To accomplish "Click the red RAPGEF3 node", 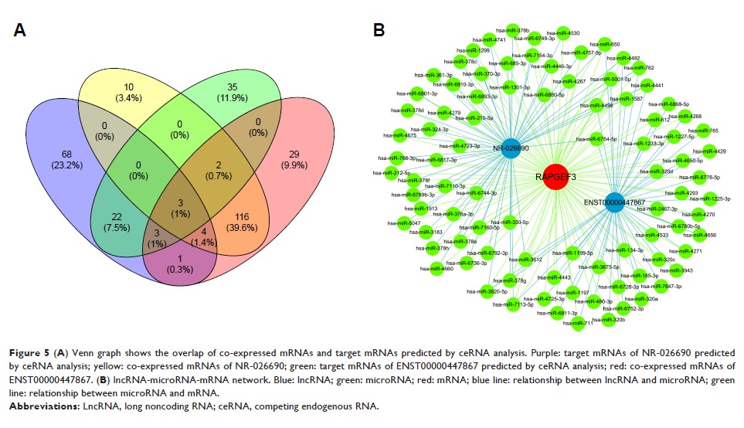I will (x=555, y=176).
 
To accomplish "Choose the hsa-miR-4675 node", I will (x=400, y=135).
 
